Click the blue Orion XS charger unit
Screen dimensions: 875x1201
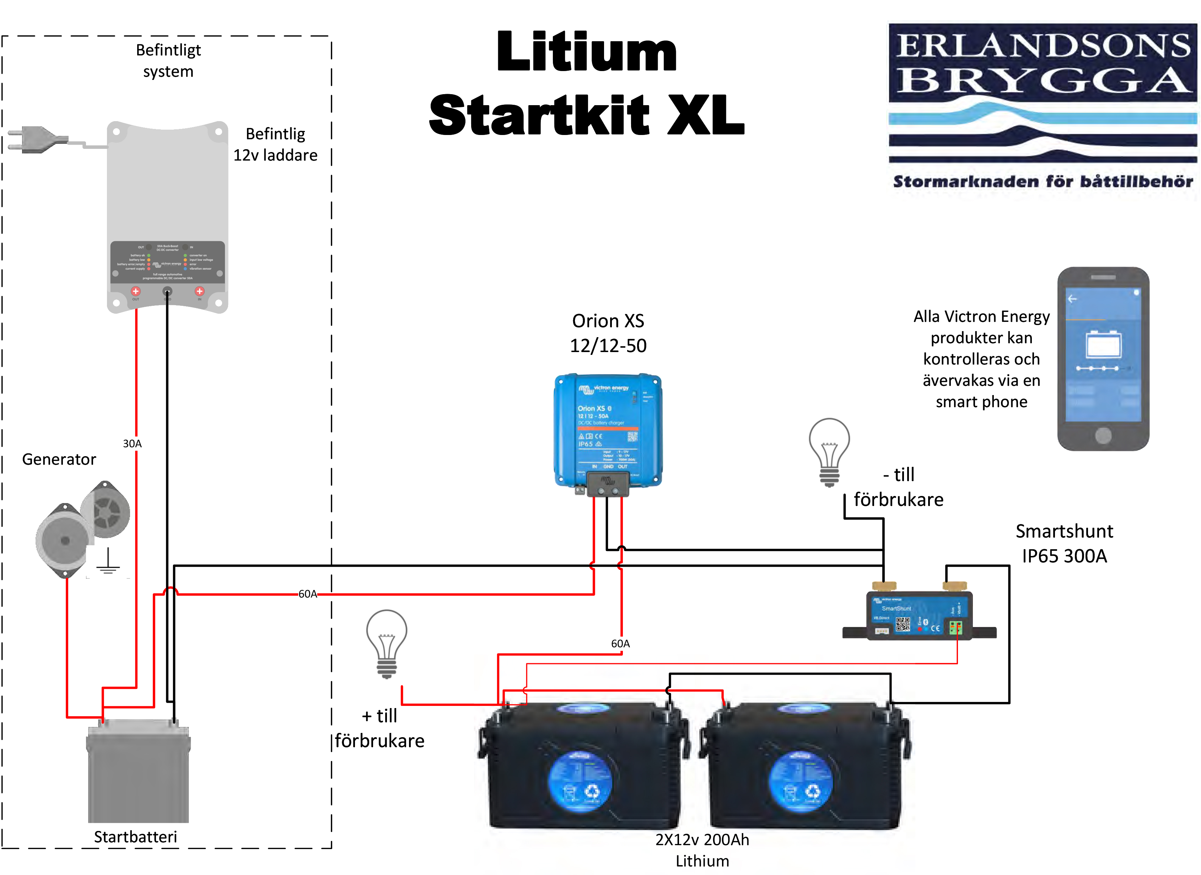point(608,432)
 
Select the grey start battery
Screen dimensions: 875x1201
point(138,771)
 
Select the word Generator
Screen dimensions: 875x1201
point(59,459)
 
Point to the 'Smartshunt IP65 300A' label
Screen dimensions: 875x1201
point(1064,544)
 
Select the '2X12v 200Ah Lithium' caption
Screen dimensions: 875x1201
point(702,849)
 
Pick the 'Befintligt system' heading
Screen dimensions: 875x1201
point(168,60)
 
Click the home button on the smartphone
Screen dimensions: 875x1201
point(1103,436)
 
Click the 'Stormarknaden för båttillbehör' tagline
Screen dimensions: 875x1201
point(1042,182)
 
